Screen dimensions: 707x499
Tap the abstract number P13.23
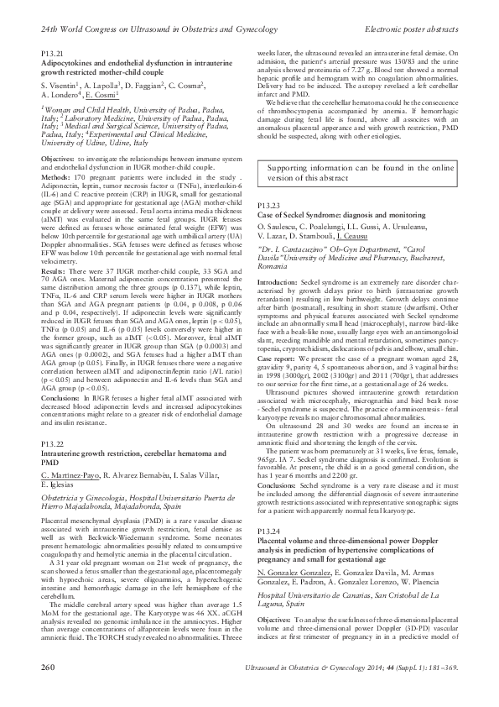(268, 205)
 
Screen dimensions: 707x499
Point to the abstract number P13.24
(268, 508)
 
